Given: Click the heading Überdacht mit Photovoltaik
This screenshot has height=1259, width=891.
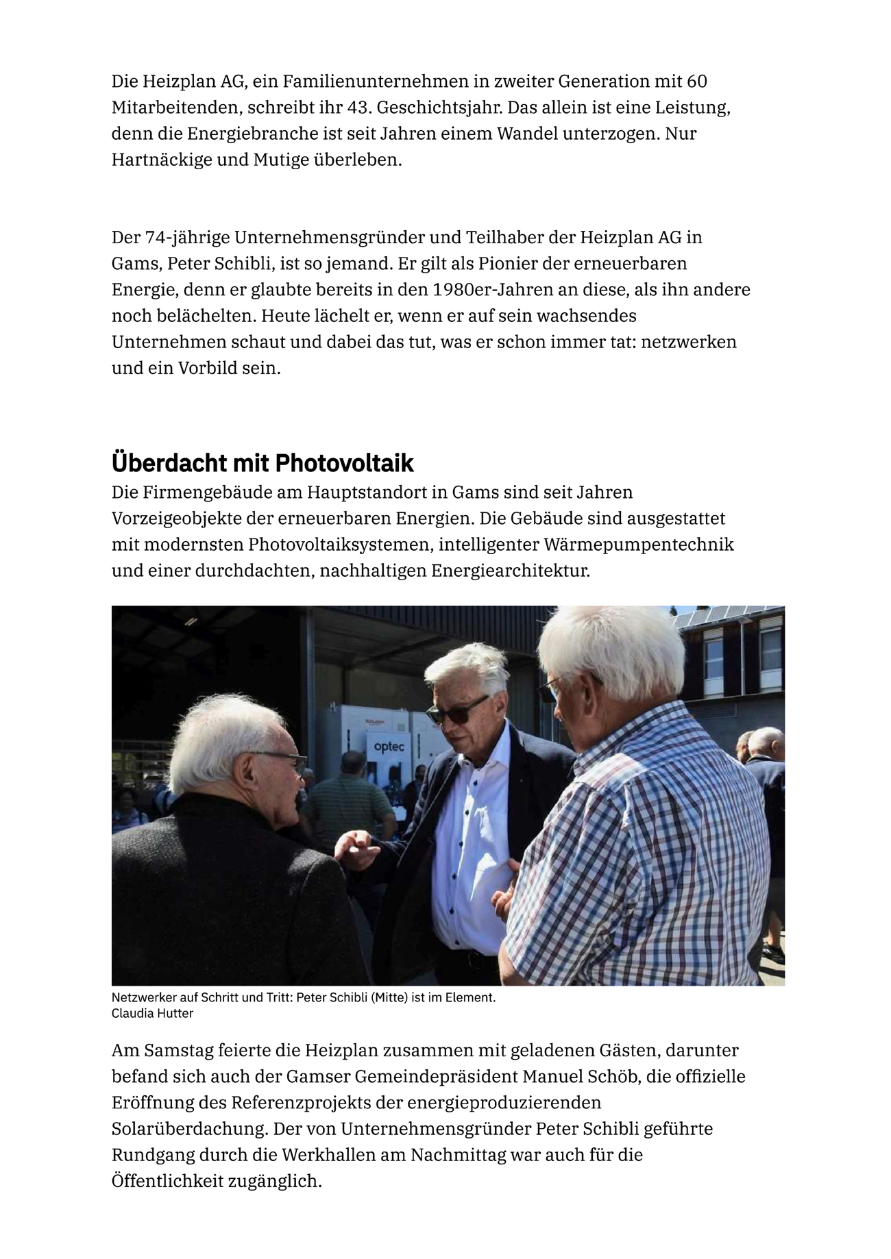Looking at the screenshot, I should (263, 464).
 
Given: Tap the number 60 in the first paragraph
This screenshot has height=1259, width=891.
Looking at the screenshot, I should (696, 82).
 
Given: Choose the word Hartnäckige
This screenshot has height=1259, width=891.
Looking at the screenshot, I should (160, 160).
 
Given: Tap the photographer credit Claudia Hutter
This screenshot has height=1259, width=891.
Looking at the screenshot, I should (152, 1013).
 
